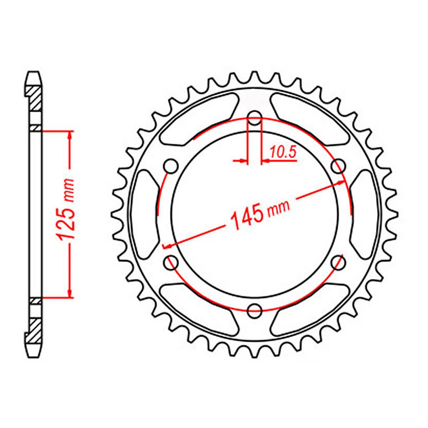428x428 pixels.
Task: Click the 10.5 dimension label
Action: click(x=283, y=152)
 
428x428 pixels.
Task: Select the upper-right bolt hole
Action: click(x=338, y=167)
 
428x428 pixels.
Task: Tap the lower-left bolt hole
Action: click(x=171, y=262)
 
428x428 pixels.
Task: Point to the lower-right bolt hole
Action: click(x=338, y=262)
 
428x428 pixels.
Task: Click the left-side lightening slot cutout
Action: click(x=144, y=214)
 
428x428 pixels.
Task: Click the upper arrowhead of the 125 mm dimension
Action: click(x=70, y=135)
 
